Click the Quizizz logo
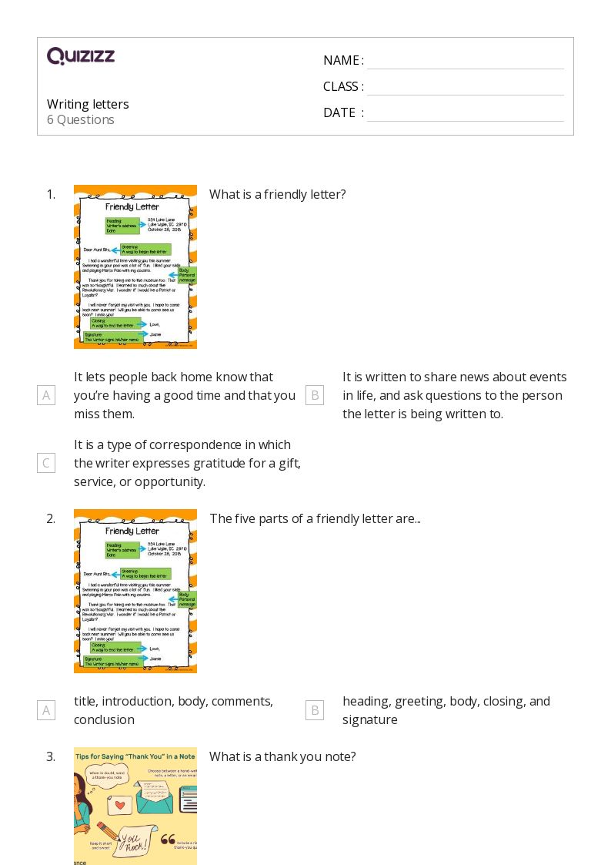click(x=81, y=55)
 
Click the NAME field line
click(x=465, y=62)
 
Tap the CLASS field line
click(x=465, y=88)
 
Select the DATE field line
click(x=465, y=114)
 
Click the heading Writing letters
click(x=88, y=104)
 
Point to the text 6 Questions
click(x=81, y=119)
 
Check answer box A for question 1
click(x=46, y=395)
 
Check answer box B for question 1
click(x=314, y=395)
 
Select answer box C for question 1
click(x=46, y=463)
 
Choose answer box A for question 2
click(x=46, y=710)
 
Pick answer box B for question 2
click(x=314, y=710)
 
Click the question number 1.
click(x=51, y=194)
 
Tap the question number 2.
click(x=51, y=518)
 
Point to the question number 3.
click(x=51, y=756)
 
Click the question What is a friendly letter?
click(x=278, y=194)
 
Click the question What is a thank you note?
click(x=282, y=756)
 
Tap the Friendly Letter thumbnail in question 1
click(x=135, y=267)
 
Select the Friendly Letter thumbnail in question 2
click(x=135, y=591)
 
